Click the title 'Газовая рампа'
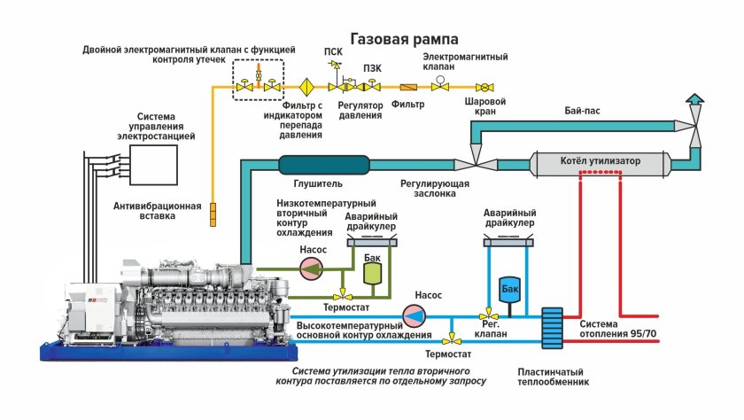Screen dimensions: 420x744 [x=404, y=40]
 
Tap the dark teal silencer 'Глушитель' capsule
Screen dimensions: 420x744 [x=323, y=164]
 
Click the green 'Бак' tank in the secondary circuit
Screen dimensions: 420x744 [x=373, y=272]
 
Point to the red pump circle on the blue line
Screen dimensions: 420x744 [x=414, y=315]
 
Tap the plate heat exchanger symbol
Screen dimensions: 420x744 [x=553, y=329]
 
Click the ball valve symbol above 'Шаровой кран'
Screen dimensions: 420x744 [x=485, y=88]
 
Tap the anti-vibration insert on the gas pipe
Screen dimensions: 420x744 [x=213, y=214]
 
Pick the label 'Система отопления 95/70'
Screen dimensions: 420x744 [x=618, y=328]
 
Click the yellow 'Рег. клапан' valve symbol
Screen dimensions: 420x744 [x=485, y=315]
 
